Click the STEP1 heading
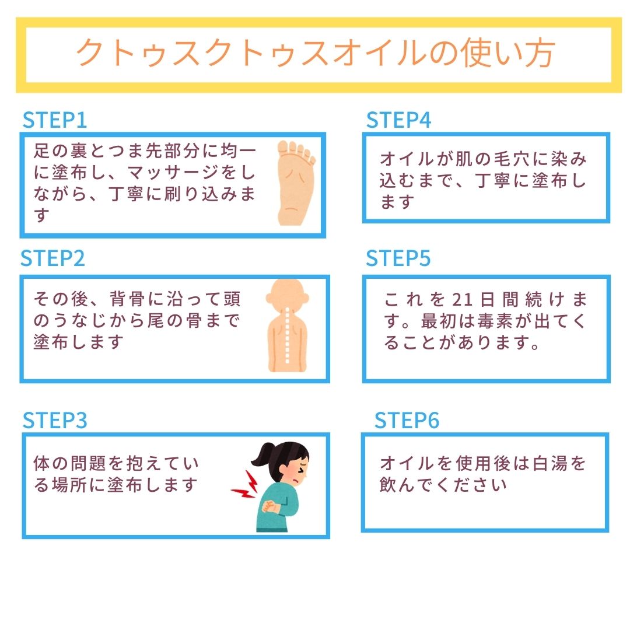coord(55,120)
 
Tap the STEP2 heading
coord(52,258)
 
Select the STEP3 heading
coord(55,420)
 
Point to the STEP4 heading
coord(398,120)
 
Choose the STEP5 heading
coord(398,258)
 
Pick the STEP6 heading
coord(407,420)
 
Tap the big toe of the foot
coord(283,148)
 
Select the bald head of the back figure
coord(287,295)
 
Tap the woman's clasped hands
coord(271,506)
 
